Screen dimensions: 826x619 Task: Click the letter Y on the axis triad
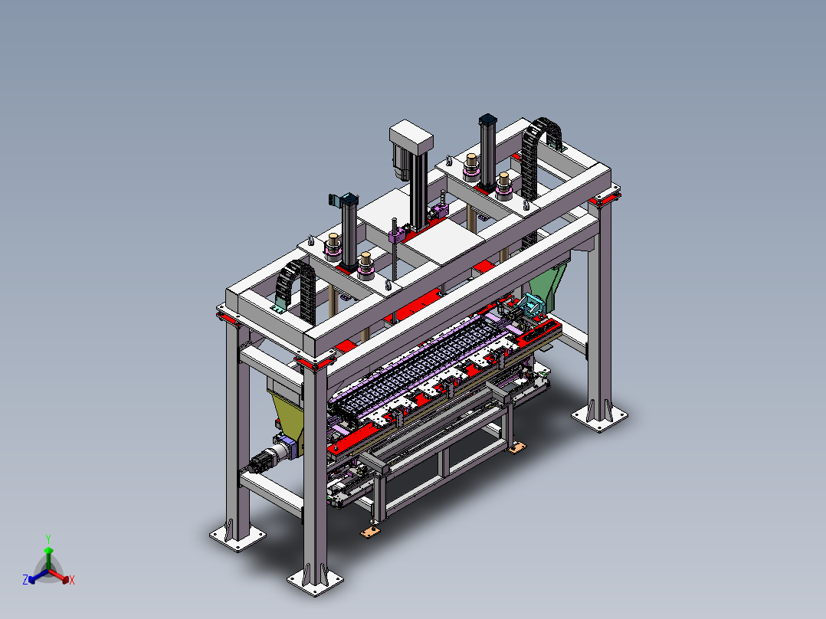[48, 539]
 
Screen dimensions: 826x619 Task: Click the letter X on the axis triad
[72, 580]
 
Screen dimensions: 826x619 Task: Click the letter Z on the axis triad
[25, 579]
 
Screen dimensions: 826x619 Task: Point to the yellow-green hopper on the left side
[287, 416]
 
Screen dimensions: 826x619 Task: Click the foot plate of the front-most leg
[315, 581]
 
